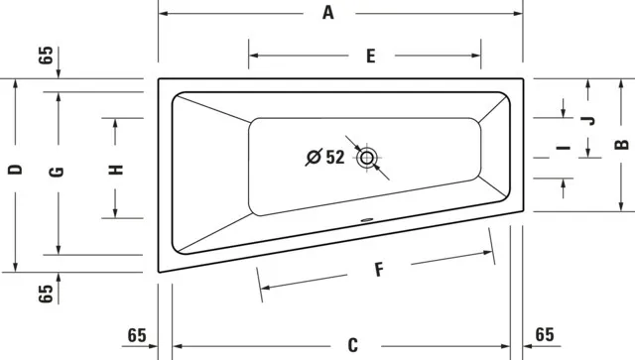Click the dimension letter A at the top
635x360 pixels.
[328, 13]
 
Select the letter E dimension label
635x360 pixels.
[370, 56]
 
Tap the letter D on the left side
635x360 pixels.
[15, 171]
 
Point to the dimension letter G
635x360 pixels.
[58, 171]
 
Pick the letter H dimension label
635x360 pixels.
[116, 169]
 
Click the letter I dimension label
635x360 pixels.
[563, 150]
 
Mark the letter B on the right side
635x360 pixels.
[620, 145]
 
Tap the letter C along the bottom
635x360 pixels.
[353, 345]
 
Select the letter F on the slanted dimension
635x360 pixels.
[378, 268]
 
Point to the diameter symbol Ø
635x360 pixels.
[314, 157]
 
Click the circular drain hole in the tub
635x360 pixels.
[368, 157]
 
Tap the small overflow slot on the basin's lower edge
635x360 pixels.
[366, 220]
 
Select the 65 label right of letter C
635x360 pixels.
[545, 334]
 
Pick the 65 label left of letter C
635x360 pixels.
[137, 334]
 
